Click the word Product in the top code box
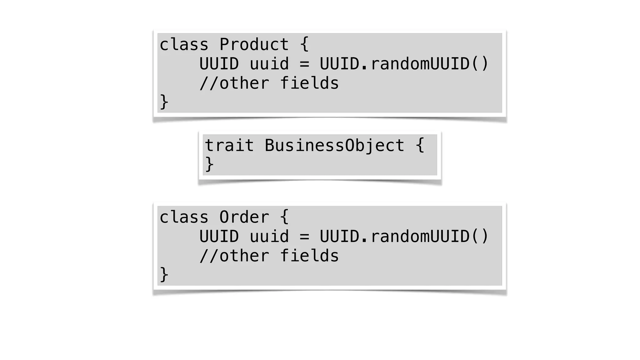[x=254, y=44]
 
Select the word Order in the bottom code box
[x=244, y=217]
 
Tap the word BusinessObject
[x=334, y=146]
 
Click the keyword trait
[x=229, y=146]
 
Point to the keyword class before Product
[x=184, y=44]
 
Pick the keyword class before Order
[x=184, y=217]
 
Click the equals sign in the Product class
[x=304, y=64]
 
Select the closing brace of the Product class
[x=164, y=102]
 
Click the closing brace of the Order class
[x=164, y=275]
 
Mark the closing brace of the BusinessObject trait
[x=209, y=164]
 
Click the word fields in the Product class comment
[x=309, y=83]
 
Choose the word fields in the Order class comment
[x=309, y=256]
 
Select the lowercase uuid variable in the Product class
[x=269, y=64]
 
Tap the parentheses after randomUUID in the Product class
[x=480, y=64]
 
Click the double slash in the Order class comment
[x=209, y=256]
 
